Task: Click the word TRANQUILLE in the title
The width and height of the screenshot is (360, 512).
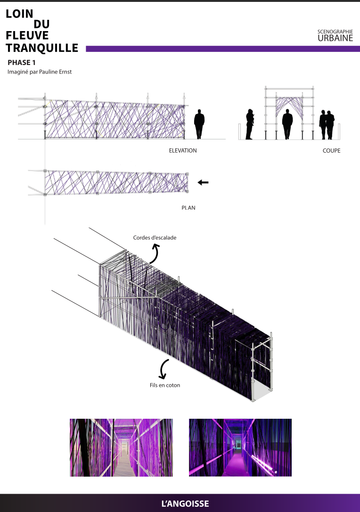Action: point(42,48)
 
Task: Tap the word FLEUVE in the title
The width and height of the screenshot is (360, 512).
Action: point(27,35)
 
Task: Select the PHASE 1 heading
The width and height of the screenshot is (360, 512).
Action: point(22,62)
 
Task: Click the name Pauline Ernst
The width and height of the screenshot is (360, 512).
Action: point(55,72)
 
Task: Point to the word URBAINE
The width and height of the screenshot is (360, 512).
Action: point(335,38)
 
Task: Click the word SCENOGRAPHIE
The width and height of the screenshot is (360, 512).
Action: point(335,32)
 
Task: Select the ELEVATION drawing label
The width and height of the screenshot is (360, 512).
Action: point(183,151)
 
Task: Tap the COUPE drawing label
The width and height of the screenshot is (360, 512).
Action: point(332,151)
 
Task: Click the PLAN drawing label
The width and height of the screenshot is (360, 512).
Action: point(188,208)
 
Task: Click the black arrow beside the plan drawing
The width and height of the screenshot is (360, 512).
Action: point(203,183)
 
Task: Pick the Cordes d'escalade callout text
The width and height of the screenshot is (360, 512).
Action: point(155,238)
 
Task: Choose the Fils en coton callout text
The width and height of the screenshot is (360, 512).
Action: point(165,385)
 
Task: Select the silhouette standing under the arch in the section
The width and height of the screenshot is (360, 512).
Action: point(287,124)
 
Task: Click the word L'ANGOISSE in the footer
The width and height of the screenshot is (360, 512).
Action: point(185,504)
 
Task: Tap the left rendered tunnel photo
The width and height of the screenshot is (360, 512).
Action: point(121,447)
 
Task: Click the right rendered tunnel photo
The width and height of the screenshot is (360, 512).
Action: point(240,447)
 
